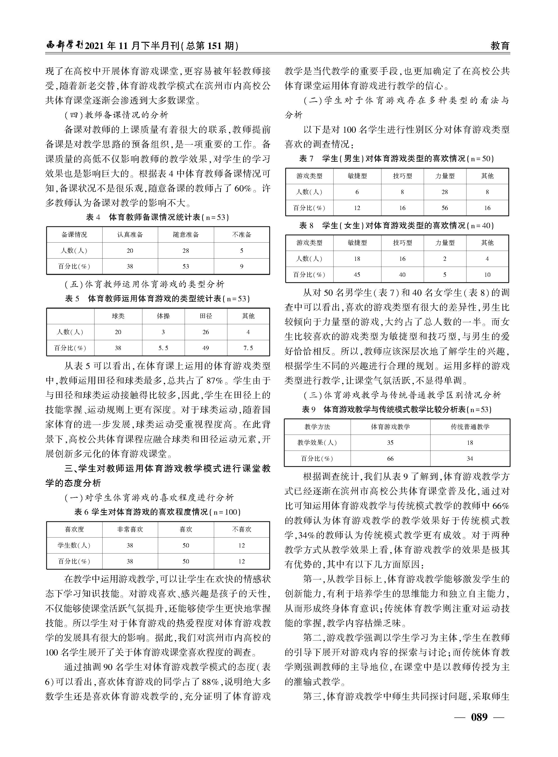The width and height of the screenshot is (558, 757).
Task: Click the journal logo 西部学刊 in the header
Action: [x=64, y=45]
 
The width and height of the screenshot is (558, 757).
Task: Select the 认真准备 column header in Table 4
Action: [x=130, y=235]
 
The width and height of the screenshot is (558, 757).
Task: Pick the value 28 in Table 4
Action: [x=186, y=250]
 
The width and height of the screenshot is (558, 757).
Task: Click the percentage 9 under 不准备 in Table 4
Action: [x=242, y=266]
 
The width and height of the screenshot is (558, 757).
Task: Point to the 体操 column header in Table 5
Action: [x=163, y=316]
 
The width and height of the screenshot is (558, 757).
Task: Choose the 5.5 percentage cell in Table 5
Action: [x=163, y=348]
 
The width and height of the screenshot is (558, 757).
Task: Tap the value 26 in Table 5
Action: [x=206, y=332]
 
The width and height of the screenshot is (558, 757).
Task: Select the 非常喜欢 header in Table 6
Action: [x=130, y=529]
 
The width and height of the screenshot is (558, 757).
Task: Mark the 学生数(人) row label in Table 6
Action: [x=74, y=545]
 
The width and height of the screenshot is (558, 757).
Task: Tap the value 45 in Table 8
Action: [x=357, y=275]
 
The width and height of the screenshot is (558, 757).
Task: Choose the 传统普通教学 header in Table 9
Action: [x=470, y=427]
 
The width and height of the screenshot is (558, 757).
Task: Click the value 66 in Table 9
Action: [x=390, y=458]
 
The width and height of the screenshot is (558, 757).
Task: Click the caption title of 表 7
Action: [x=397, y=158]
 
